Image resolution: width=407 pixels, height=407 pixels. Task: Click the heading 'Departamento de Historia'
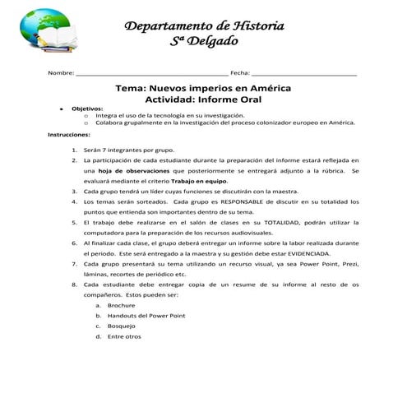click(203, 25)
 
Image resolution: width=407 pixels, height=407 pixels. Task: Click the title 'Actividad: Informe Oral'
click(203, 99)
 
